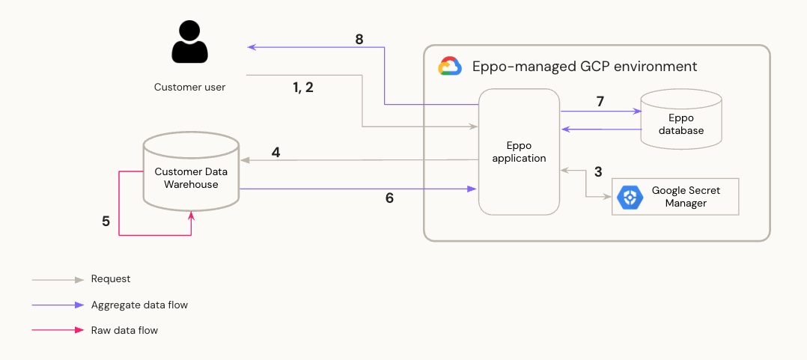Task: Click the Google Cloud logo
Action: pyautogui.click(x=449, y=67)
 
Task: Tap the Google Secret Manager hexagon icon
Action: pyautogui.click(x=630, y=198)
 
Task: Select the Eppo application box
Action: pyautogui.click(x=520, y=152)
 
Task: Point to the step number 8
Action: pyautogui.click(x=359, y=40)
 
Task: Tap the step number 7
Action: pyautogui.click(x=600, y=101)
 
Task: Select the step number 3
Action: pyautogui.click(x=597, y=171)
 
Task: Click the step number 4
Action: pyautogui.click(x=275, y=153)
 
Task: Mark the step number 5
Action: pyautogui.click(x=106, y=222)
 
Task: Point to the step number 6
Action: pyautogui.click(x=389, y=198)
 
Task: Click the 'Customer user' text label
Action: pyautogui.click(x=189, y=87)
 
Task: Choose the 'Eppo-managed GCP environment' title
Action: pyautogui.click(x=584, y=67)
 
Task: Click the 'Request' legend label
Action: pyautogui.click(x=111, y=279)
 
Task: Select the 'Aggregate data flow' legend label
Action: pyautogui.click(x=139, y=305)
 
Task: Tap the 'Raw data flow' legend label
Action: pyautogui.click(x=124, y=330)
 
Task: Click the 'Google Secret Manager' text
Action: pyautogui.click(x=686, y=197)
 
